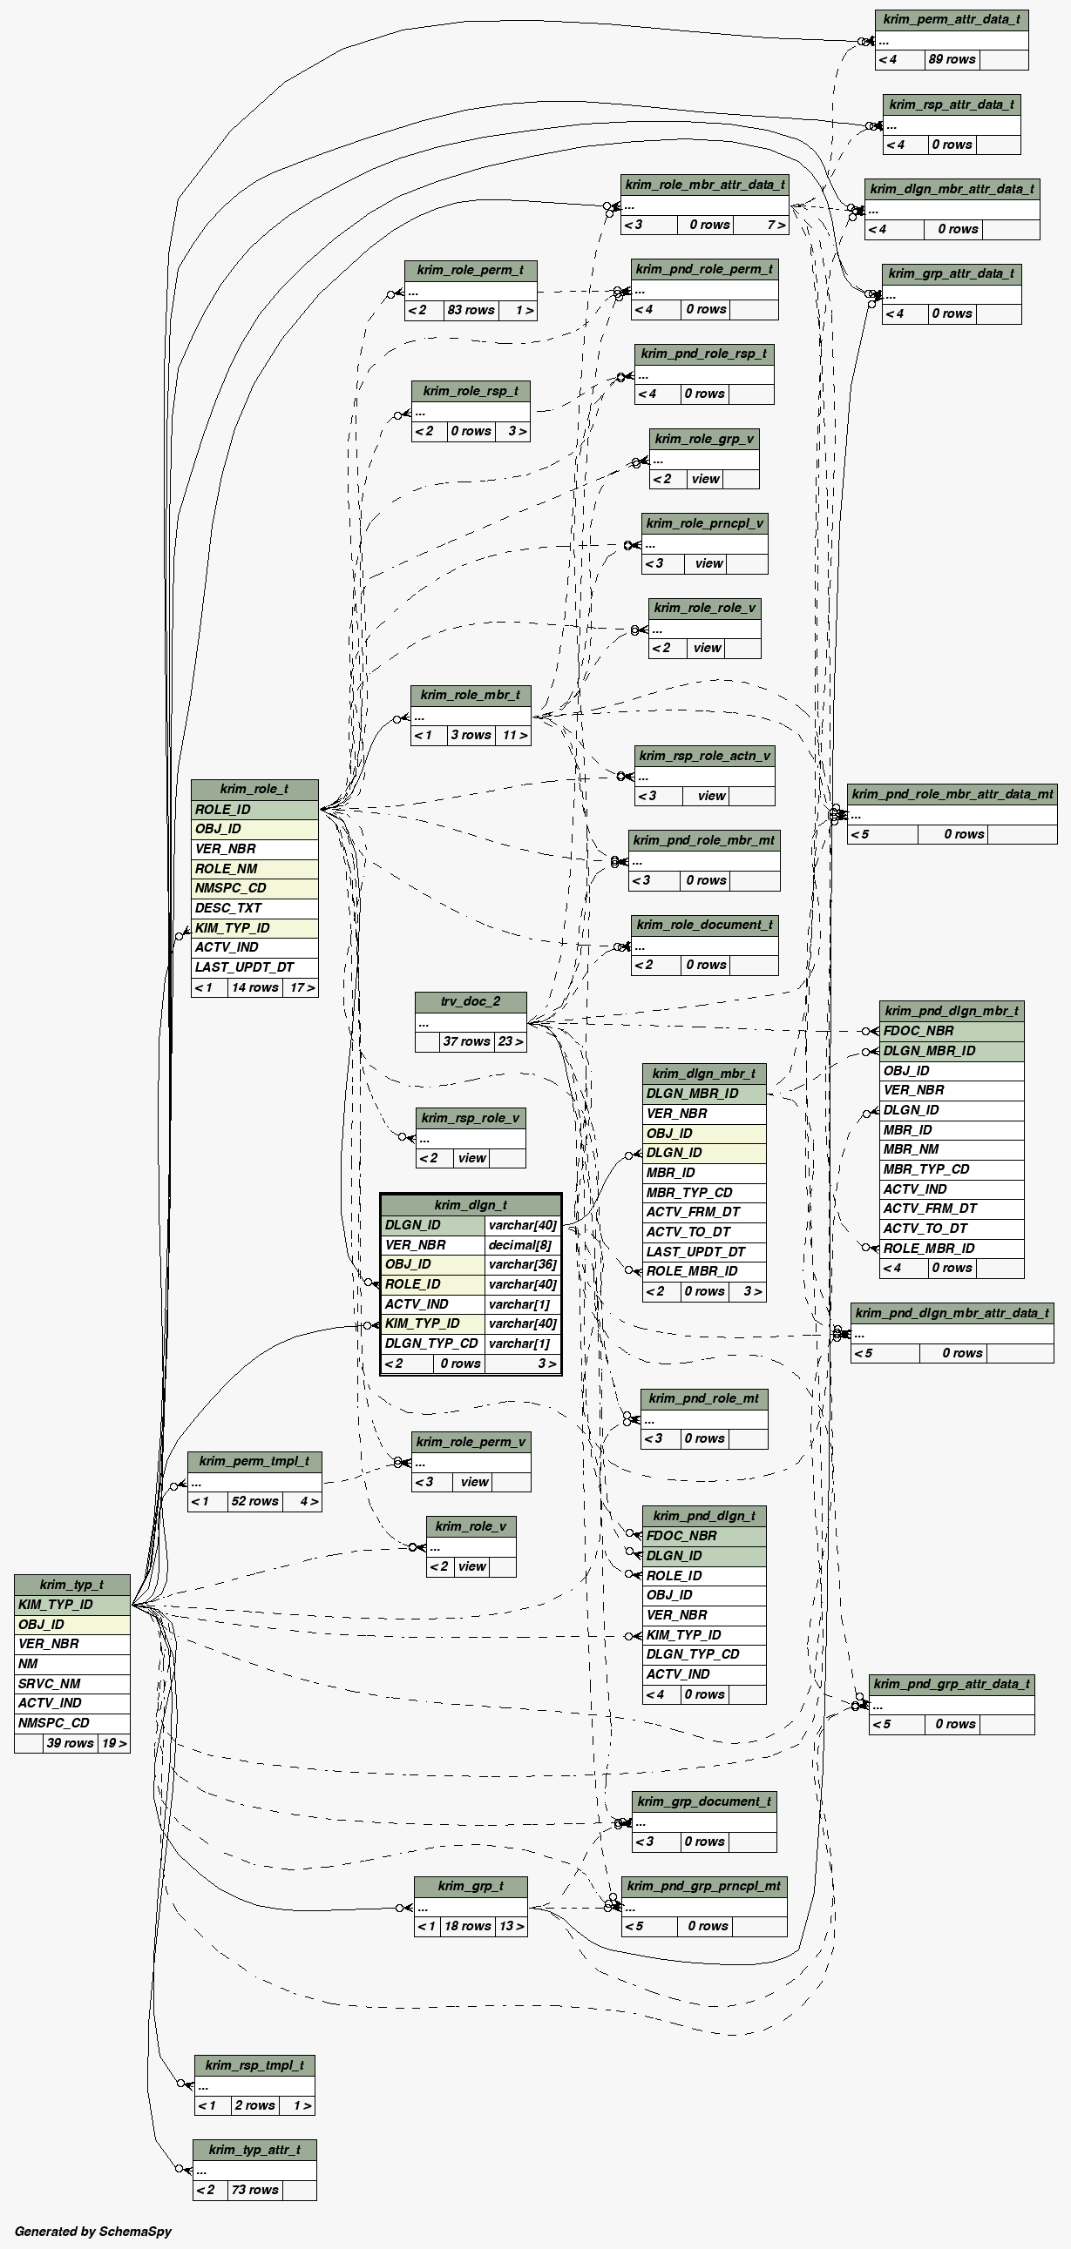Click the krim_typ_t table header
71,1584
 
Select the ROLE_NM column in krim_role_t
254,869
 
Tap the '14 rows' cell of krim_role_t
254,987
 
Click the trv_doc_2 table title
470,1001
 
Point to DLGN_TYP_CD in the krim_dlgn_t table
431,1343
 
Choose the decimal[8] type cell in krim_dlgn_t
522,1245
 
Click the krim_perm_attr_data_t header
952,19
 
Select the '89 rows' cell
952,59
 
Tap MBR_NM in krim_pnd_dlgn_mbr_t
951,1149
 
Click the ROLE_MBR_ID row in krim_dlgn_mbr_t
703,1271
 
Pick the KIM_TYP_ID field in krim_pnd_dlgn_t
703,1635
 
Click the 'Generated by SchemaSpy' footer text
93,2231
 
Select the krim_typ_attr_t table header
254,2150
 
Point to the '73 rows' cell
254,2190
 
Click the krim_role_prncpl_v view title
704,523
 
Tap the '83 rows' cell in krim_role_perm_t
471,310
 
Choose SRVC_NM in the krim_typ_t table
71,1683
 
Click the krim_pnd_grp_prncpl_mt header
703,1886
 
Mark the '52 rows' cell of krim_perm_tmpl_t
254,1501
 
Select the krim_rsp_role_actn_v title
704,755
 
